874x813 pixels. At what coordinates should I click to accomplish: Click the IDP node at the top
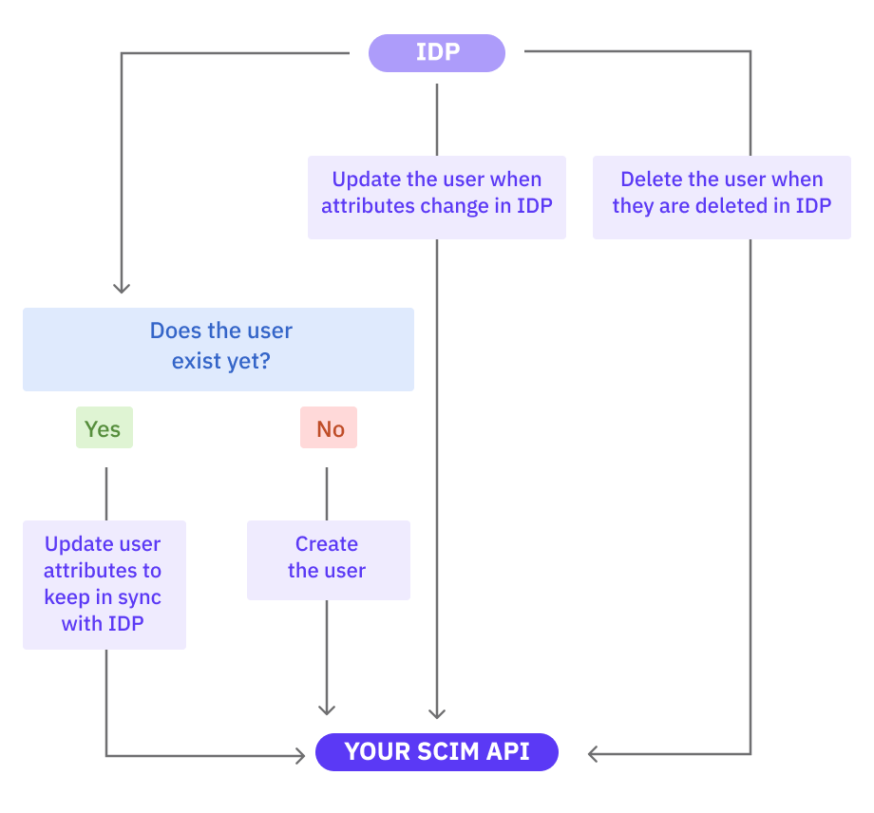point(437,52)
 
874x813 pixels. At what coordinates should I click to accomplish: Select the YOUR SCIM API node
point(437,752)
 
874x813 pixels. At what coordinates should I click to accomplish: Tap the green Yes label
point(104,428)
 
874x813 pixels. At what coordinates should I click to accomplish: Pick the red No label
point(329,428)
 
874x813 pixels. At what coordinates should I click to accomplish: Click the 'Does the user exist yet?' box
point(218,349)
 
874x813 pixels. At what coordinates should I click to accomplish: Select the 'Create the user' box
point(328,559)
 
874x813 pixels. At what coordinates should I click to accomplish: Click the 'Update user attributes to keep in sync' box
point(104,584)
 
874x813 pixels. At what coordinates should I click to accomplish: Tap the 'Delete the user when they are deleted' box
point(721,197)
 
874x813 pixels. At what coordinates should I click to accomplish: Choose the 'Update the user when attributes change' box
point(437,197)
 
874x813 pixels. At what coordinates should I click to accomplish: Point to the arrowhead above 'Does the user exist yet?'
point(121,286)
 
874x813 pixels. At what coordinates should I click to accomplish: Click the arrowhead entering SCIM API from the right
point(593,754)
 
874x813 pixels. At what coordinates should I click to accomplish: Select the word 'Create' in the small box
point(327,544)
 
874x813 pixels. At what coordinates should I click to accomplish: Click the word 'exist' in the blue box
point(197,361)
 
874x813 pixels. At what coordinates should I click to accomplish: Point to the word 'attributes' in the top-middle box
point(363,206)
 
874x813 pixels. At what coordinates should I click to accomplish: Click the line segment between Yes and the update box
point(105,492)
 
